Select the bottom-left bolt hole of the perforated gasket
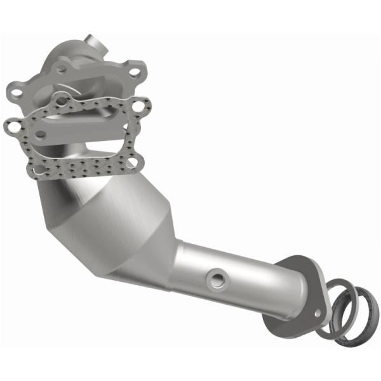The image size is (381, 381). coord(39,170)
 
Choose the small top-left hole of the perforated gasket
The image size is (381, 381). coord(60,99)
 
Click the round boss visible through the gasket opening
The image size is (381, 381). coord(40,134)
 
